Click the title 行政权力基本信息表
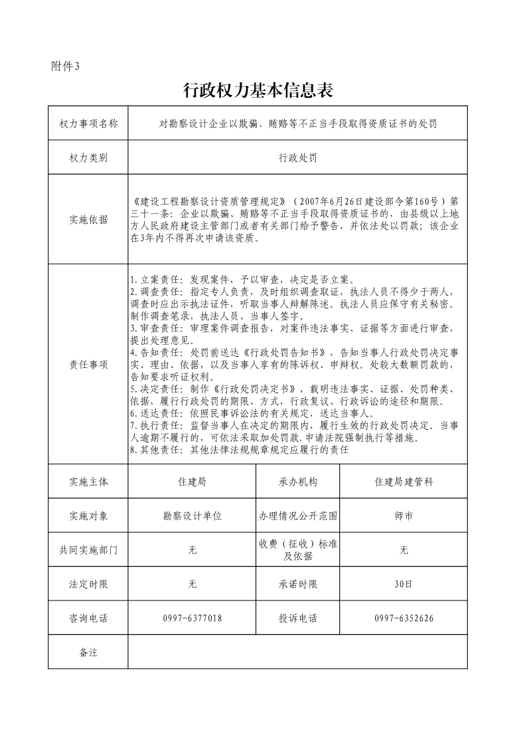click(x=258, y=91)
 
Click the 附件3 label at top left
click(x=65, y=65)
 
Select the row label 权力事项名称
click(x=88, y=124)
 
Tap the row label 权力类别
click(x=88, y=158)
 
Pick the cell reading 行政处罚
click(x=297, y=158)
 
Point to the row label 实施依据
click(x=88, y=220)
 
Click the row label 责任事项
click(x=88, y=365)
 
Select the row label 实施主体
click(x=88, y=482)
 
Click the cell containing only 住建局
click(x=192, y=482)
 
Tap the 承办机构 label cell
click(x=298, y=482)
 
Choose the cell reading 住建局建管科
click(x=404, y=482)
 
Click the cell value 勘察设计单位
click(x=192, y=515)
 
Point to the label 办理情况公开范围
click(x=298, y=515)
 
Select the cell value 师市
click(x=404, y=515)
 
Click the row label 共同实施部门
click(x=88, y=550)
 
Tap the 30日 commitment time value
click(x=404, y=585)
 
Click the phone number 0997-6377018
click(x=192, y=618)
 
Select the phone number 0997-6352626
click(x=404, y=618)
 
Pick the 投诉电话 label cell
click(x=298, y=618)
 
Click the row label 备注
click(x=88, y=652)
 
